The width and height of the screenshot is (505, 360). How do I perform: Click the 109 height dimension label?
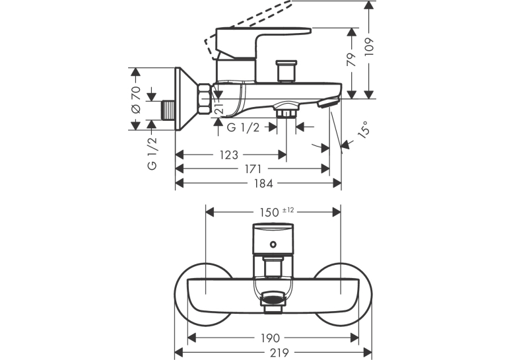(x=370, y=48)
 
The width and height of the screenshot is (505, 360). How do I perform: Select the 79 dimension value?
(x=352, y=59)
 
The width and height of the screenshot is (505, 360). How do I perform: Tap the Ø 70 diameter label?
(x=136, y=100)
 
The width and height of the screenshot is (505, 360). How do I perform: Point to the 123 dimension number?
(x=229, y=155)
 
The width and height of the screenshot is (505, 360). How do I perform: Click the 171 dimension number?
(x=252, y=169)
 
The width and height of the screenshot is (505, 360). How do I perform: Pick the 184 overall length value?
(x=263, y=184)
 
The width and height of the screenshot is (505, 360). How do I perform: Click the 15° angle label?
(x=364, y=130)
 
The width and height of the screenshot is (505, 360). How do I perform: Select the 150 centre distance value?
(x=269, y=213)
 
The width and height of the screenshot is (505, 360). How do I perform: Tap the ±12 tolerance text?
(x=288, y=211)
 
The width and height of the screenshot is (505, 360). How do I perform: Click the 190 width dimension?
(x=270, y=338)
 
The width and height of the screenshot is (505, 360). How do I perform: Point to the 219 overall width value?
(x=279, y=353)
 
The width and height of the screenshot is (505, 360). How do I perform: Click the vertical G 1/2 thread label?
(x=152, y=153)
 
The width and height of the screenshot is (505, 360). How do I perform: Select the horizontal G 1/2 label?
(x=243, y=127)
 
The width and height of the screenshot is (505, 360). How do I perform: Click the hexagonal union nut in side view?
(x=204, y=98)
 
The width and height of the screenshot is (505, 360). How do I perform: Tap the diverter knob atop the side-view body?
(x=287, y=71)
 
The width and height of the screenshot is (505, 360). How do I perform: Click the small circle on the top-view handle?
(x=273, y=244)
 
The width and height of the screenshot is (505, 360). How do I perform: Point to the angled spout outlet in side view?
(x=328, y=102)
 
